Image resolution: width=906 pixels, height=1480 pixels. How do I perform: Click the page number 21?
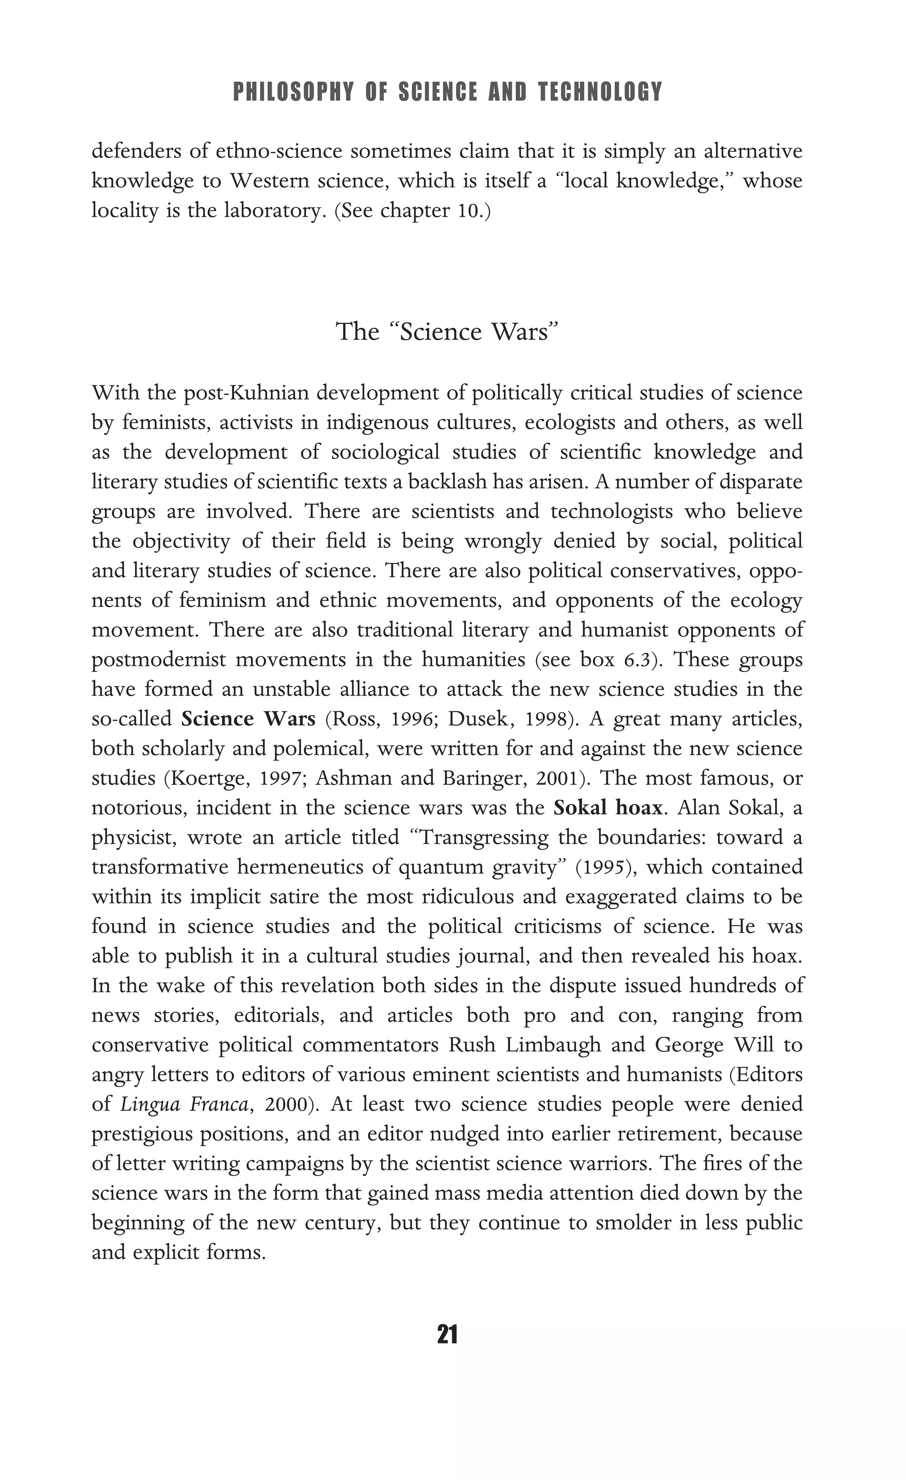pos(448,1334)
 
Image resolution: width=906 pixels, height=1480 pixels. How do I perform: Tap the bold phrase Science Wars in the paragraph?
pos(248,719)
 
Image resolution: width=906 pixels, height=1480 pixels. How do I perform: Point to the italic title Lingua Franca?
pos(184,1104)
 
